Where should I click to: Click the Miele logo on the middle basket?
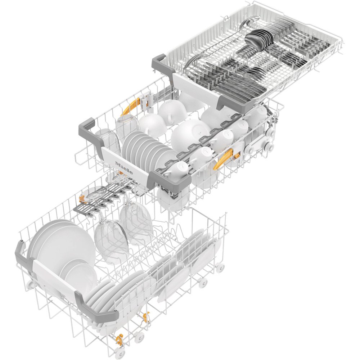(x=124, y=168)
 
